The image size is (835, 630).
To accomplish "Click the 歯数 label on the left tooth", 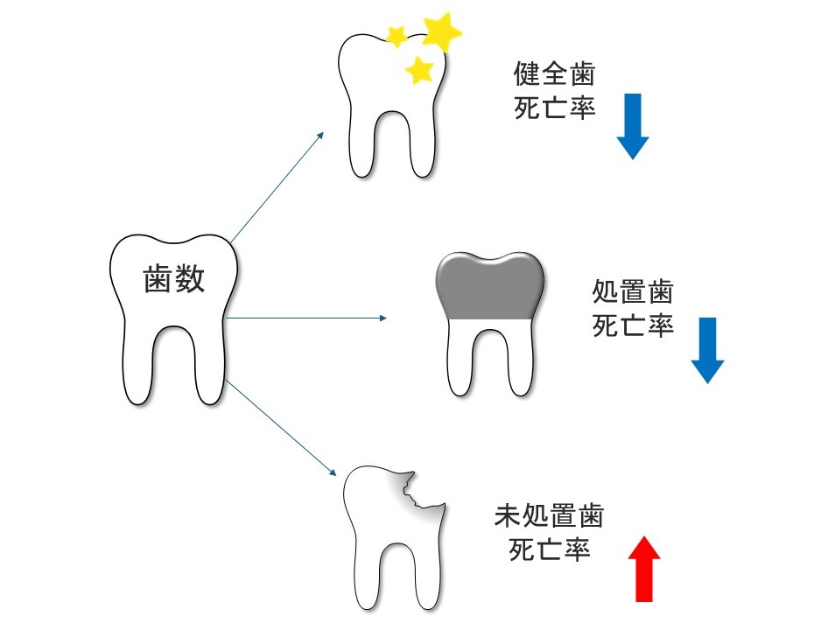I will pyautogui.click(x=173, y=279).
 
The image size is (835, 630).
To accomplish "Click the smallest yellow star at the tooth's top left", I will pyautogui.click(x=396, y=36).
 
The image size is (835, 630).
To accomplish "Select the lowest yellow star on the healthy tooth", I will pyautogui.click(x=421, y=68).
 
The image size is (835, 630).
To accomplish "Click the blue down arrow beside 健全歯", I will pyautogui.click(x=633, y=125).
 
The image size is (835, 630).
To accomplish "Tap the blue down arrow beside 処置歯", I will pyautogui.click(x=707, y=349).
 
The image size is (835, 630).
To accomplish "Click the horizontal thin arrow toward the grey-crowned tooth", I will pyautogui.click(x=306, y=317).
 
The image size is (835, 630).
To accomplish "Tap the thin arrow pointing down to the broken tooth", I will pyautogui.click(x=280, y=428).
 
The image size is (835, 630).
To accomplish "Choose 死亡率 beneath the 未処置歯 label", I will pyautogui.click(x=549, y=550).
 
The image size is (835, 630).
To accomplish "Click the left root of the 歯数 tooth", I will pyautogui.click(x=140, y=367).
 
